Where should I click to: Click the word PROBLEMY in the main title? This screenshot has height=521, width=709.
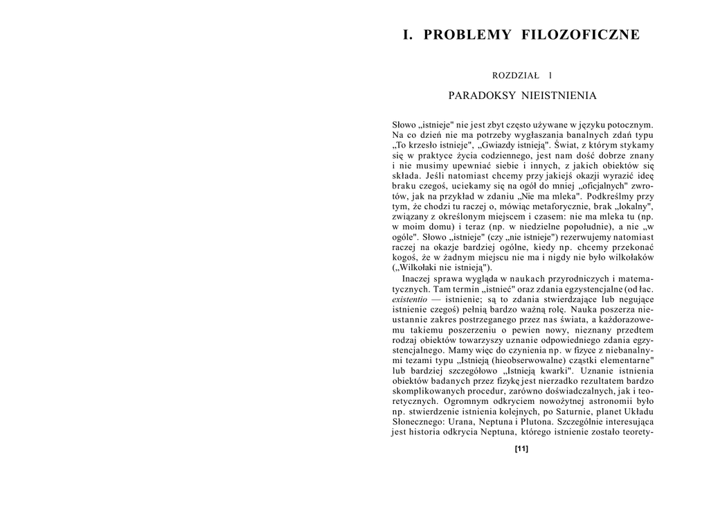[x=467, y=35]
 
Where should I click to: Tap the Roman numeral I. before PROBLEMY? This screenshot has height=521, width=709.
[x=408, y=35]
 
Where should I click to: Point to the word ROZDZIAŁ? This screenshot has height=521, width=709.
[x=514, y=75]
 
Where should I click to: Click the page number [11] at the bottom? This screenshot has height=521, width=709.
[x=522, y=448]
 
